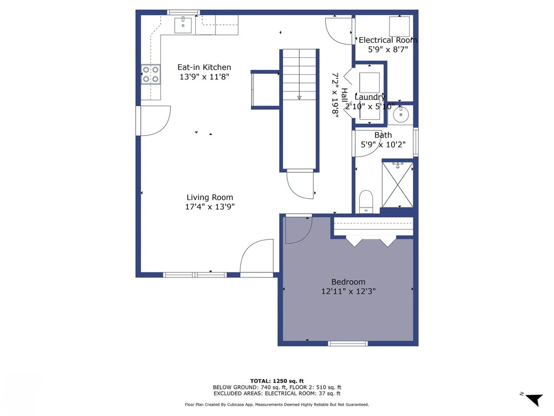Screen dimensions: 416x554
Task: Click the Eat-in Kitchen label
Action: click(x=204, y=67)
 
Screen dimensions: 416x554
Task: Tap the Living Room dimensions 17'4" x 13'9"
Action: click(x=210, y=206)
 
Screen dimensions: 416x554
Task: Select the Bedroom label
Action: click(x=348, y=282)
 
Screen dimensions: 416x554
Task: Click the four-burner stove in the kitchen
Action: click(x=151, y=74)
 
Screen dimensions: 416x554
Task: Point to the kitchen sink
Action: click(x=184, y=25)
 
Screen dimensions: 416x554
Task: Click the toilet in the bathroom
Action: click(x=366, y=201)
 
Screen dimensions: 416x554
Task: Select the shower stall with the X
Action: click(x=398, y=184)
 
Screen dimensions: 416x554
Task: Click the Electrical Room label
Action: click(x=387, y=40)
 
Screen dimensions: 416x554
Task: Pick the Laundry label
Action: click(x=370, y=97)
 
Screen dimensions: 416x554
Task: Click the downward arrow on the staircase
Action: click(x=299, y=97)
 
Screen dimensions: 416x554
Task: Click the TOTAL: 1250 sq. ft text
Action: click(x=276, y=380)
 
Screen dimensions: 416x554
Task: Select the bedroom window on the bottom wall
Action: click(x=348, y=343)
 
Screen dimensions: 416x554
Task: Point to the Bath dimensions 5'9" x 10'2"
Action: click(x=383, y=145)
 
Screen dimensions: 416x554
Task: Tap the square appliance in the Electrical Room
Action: click(x=400, y=25)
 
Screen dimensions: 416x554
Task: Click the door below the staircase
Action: click(x=301, y=184)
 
